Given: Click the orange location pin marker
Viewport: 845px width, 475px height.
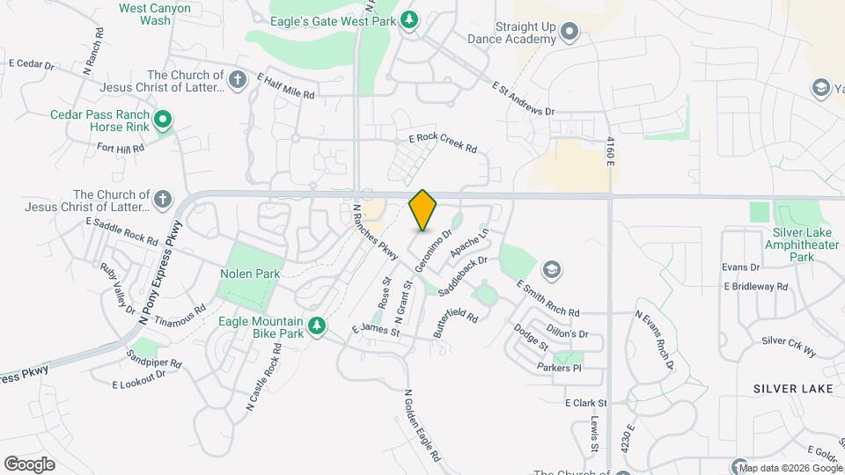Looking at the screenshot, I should click(423, 209).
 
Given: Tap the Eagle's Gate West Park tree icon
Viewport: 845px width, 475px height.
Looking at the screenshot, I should click(409, 18).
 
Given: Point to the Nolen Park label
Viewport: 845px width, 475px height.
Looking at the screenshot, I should click(250, 274).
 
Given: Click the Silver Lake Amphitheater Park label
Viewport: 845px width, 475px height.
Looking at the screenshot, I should click(802, 245).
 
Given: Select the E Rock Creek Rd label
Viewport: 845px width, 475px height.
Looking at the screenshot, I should click(443, 143).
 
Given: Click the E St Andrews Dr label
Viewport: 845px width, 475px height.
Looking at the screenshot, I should click(524, 99).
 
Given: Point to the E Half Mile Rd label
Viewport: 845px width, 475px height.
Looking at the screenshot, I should click(286, 85).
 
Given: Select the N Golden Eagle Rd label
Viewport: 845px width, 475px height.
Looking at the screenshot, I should click(422, 426).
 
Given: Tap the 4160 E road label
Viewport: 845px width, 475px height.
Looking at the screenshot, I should click(608, 153).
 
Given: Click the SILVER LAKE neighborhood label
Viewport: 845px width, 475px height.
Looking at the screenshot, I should click(788, 388).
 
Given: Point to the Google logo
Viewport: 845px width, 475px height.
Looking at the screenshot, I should click(29, 464).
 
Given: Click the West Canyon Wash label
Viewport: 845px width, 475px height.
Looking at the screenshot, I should click(143, 13).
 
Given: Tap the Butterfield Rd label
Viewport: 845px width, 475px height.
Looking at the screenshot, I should click(456, 324).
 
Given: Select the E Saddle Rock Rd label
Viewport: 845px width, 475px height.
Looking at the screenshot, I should click(121, 231).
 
